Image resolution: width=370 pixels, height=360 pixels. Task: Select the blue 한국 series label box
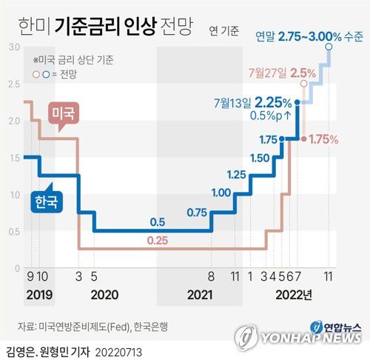(47, 201)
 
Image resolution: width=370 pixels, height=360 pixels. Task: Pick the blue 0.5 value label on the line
(157, 221)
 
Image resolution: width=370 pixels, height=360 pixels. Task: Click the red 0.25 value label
(157, 241)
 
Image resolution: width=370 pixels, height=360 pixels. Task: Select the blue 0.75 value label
(197, 213)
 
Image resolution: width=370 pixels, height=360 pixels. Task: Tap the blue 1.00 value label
(221, 193)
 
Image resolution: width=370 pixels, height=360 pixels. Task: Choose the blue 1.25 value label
(236, 174)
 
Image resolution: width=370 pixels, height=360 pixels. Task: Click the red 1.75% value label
(323, 139)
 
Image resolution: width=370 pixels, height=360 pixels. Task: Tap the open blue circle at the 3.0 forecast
(329, 47)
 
